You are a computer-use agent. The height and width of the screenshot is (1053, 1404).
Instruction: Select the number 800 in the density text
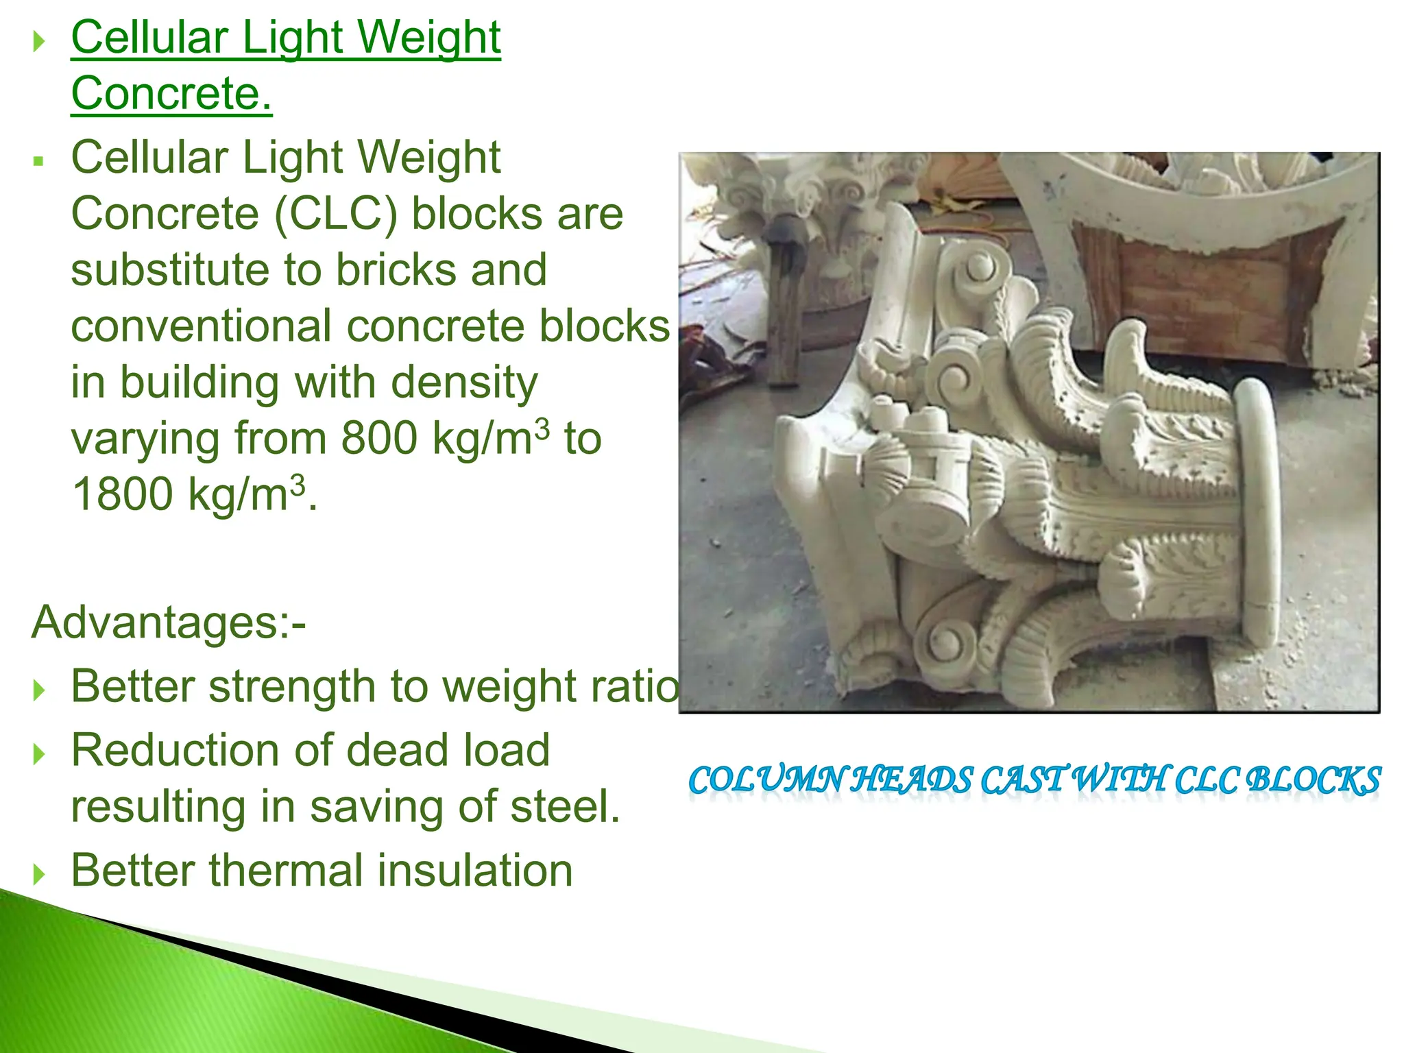tap(379, 438)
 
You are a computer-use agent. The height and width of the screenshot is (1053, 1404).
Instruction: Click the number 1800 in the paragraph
tap(122, 494)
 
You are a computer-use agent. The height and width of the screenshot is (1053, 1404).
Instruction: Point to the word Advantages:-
tap(169, 622)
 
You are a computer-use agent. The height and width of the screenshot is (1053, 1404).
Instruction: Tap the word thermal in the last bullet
tap(285, 871)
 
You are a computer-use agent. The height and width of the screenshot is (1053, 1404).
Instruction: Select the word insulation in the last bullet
tap(475, 871)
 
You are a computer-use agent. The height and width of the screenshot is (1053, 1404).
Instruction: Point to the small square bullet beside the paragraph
tap(38, 162)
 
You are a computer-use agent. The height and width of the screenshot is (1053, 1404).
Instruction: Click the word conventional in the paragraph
tap(202, 326)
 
